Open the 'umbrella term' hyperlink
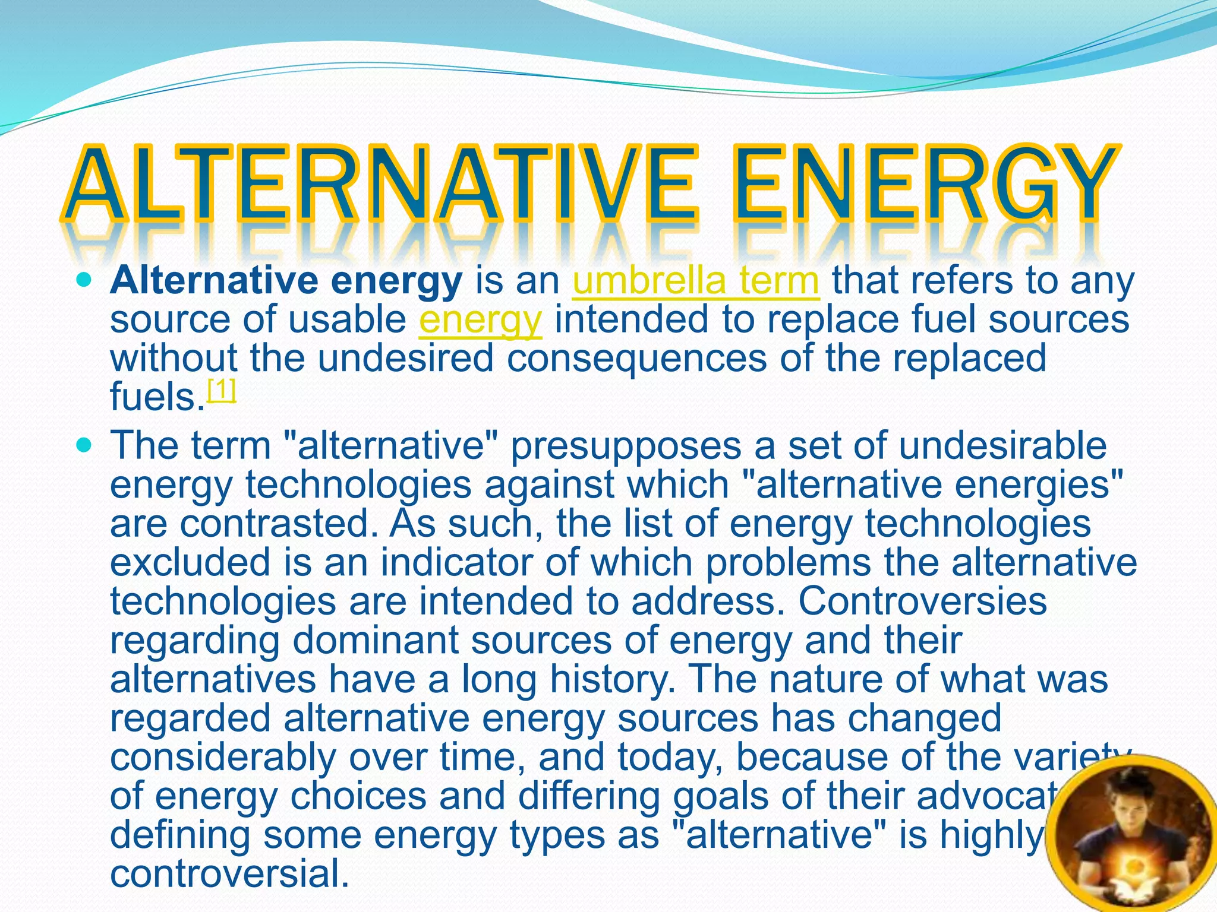click(696, 281)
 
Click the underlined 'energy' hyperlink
click(480, 321)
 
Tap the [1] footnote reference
click(222, 390)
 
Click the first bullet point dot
click(86, 278)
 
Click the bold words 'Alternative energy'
click(286, 281)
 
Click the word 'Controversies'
click(922, 601)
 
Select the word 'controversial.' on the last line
click(229, 874)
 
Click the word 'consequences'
click(636, 359)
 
